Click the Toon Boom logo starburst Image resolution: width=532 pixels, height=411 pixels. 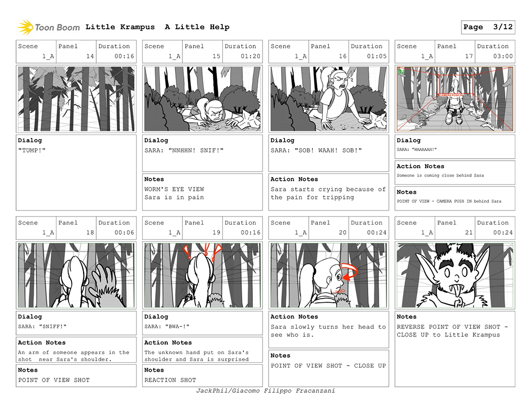[26, 27]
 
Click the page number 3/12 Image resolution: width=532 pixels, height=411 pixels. [503, 27]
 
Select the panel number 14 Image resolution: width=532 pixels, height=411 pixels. [90, 56]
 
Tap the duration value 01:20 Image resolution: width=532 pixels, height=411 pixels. [250, 56]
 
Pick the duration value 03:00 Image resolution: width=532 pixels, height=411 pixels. [503, 56]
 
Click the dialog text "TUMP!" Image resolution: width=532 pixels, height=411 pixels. [32, 150]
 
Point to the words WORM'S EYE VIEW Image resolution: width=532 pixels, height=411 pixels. [174, 189]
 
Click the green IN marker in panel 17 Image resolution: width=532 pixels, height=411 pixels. [401, 72]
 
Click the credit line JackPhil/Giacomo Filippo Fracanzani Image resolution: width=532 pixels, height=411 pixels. [265, 391]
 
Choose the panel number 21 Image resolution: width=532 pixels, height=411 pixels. [469, 233]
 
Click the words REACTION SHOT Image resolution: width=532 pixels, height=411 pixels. [170, 380]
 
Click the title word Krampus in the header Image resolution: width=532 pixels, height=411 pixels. [138, 27]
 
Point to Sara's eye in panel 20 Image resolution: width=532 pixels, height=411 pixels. [338, 277]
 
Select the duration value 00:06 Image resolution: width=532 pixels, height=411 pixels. [124, 233]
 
